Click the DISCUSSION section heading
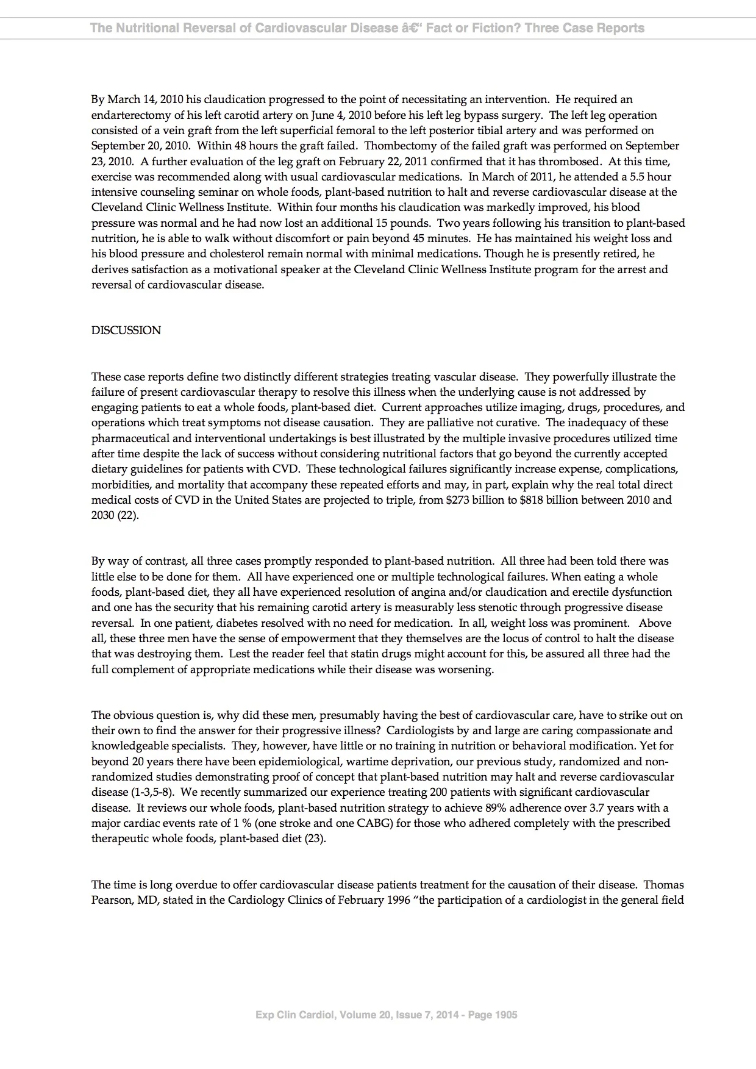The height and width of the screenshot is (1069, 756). pyautogui.click(x=126, y=331)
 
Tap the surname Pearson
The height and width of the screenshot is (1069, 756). pyautogui.click(x=112, y=900)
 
